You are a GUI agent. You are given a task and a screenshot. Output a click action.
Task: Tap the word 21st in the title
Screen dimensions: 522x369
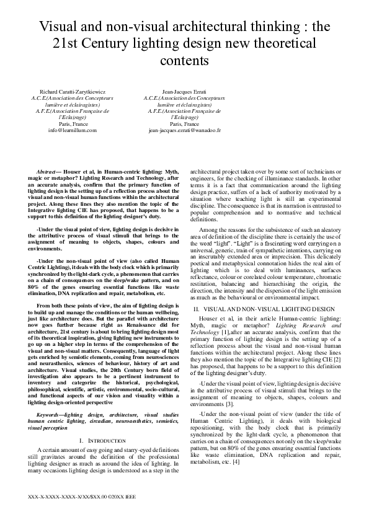58,44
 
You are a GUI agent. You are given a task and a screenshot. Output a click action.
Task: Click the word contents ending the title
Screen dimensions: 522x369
184,61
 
